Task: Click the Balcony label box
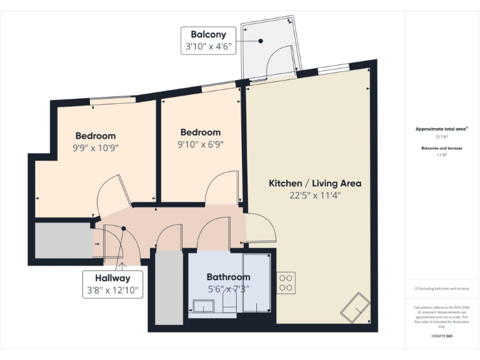click(x=208, y=41)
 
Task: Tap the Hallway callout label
click(x=112, y=284)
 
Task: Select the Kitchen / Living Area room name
click(x=315, y=183)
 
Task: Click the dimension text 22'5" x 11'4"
click(x=315, y=195)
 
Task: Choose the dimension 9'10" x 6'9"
click(x=200, y=144)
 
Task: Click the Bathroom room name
click(x=228, y=277)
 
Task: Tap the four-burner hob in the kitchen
click(x=286, y=283)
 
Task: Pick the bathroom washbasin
click(x=204, y=307)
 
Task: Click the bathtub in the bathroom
click(x=256, y=283)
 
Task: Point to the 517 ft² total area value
click(x=441, y=136)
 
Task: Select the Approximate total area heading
click(x=441, y=129)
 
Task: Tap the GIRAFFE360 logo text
click(x=441, y=336)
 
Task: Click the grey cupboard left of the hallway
click(x=62, y=240)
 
